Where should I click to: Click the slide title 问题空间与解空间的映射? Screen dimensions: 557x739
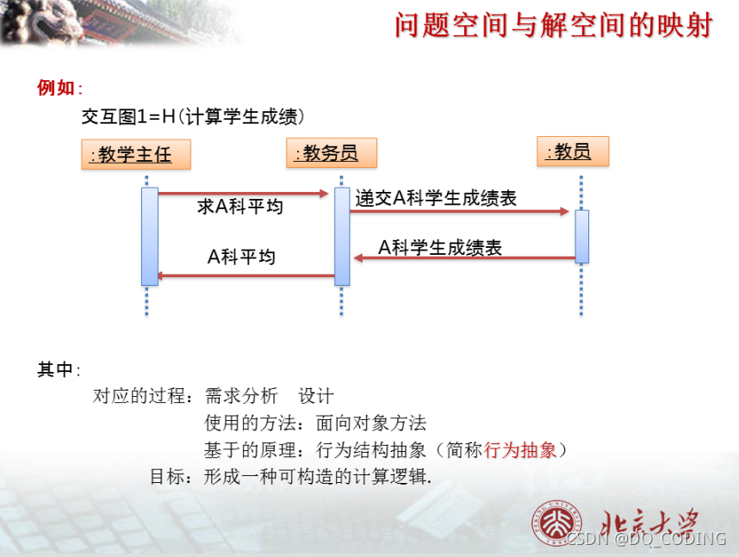coord(553,26)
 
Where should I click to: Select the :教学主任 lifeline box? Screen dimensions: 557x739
coord(136,155)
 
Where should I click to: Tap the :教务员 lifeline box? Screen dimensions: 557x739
coord(333,153)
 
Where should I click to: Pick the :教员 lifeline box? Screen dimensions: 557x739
coord(572,152)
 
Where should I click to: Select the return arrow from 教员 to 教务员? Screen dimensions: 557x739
coord(464,257)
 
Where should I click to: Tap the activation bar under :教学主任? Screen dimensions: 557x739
coord(150,236)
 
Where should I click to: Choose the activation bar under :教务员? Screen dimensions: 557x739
coord(342,236)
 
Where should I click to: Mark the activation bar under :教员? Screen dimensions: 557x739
coord(581,236)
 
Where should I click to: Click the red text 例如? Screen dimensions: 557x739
coord(58,88)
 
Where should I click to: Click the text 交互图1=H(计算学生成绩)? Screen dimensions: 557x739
coord(193,116)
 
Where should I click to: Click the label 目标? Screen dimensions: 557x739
coord(166,476)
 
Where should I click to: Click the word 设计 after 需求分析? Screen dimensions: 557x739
coord(316,396)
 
